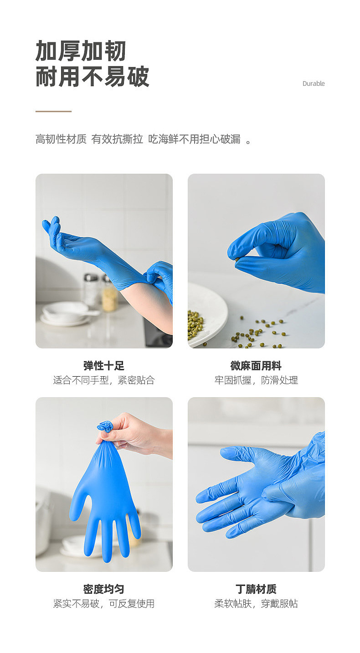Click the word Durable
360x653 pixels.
(314, 83)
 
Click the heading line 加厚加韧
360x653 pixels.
(81, 51)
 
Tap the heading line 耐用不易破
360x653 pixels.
(93, 77)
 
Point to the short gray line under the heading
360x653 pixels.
(53, 111)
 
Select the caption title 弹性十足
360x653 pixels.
(104, 366)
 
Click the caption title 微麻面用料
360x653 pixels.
(256, 366)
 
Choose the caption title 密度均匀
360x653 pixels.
(104, 589)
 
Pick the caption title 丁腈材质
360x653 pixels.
(256, 589)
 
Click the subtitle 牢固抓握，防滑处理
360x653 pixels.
(256, 380)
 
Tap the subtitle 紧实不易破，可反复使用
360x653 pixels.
(104, 604)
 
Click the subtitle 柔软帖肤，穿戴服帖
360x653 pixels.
(256, 604)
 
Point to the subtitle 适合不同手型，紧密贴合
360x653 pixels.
(104, 380)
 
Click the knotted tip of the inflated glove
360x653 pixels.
(105, 427)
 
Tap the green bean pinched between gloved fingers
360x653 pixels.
(237, 259)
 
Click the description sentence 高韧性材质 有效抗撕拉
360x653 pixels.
(89, 140)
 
